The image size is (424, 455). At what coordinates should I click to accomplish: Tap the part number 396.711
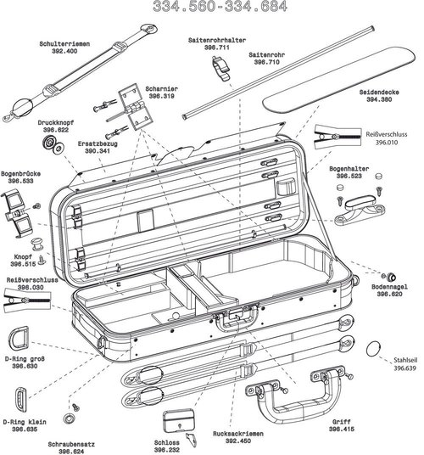[x=216, y=48]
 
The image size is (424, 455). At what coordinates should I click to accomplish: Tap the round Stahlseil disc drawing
[x=373, y=351]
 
